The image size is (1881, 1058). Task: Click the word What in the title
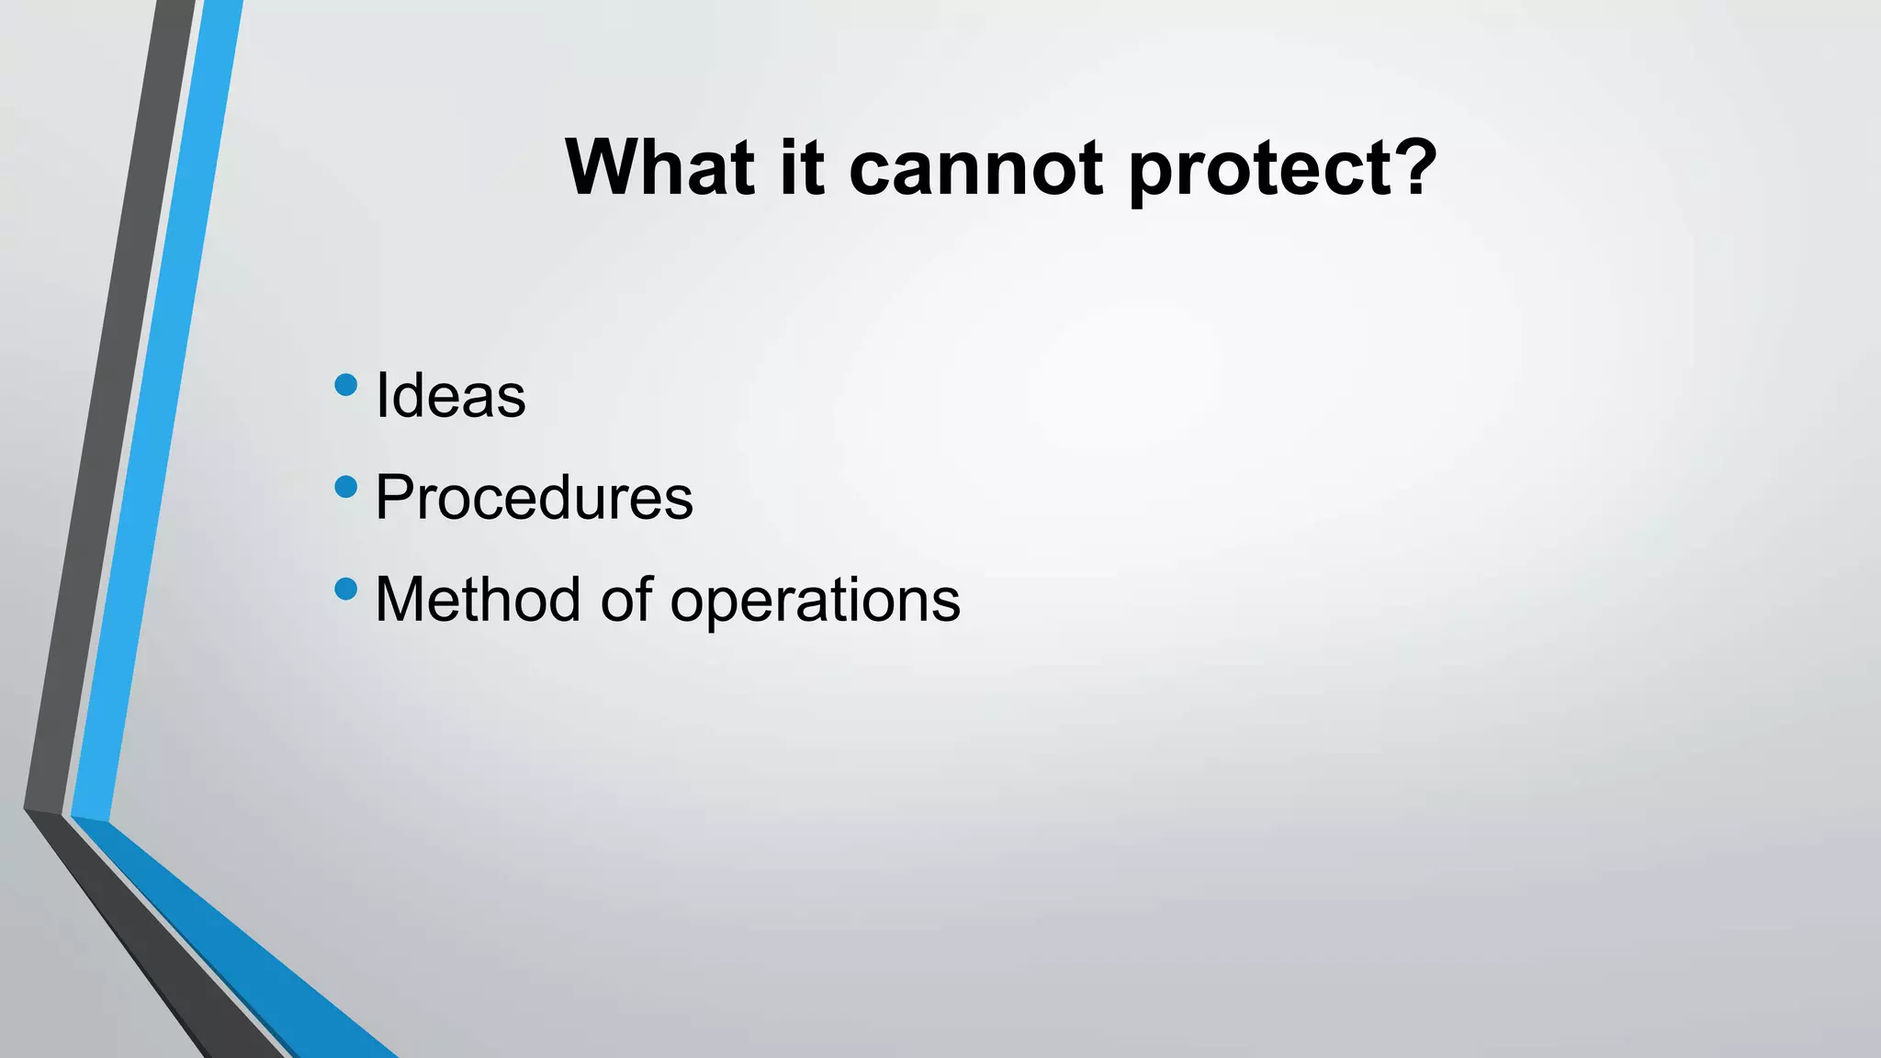coord(659,167)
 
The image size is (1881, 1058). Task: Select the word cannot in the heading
coord(975,167)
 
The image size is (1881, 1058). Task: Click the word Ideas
coord(450,395)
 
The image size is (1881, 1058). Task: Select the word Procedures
coord(534,498)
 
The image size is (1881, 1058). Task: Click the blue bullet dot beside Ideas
coord(346,385)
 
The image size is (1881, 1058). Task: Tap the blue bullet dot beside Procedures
coord(346,487)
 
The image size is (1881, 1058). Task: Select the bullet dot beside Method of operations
coord(346,589)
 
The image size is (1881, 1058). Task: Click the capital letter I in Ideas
coord(381,395)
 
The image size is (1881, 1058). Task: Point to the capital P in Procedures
coord(394,497)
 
